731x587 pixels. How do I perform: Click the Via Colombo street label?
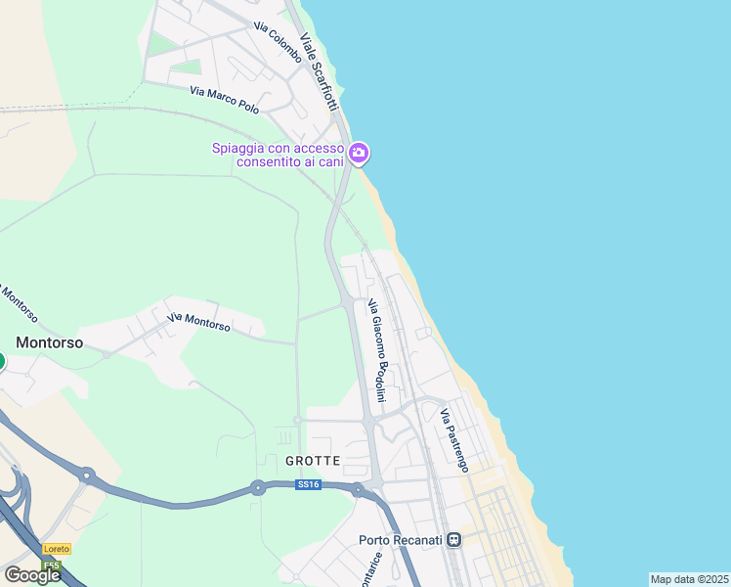coord(277,43)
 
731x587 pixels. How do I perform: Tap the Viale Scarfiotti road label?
coord(319,72)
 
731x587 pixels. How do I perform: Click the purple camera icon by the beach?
coord(359,152)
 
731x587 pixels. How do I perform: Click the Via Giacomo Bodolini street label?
coord(376,351)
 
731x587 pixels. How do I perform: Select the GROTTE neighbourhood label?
coord(313,460)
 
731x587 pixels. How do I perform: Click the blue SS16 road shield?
coord(308,484)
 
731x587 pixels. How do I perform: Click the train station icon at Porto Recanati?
coord(453,540)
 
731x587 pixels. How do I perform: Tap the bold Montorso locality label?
coord(49,342)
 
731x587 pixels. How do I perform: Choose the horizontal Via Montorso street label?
coord(198,322)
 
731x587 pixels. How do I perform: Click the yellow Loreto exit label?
coord(57,550)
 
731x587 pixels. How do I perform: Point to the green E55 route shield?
coord(53,565)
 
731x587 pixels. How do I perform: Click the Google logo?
coord(32,575)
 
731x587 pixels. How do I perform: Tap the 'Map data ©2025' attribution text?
coord(689,579)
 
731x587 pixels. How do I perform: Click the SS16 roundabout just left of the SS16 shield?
coord(258,486)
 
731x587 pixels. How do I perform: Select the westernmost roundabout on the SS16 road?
coord(87,476)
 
